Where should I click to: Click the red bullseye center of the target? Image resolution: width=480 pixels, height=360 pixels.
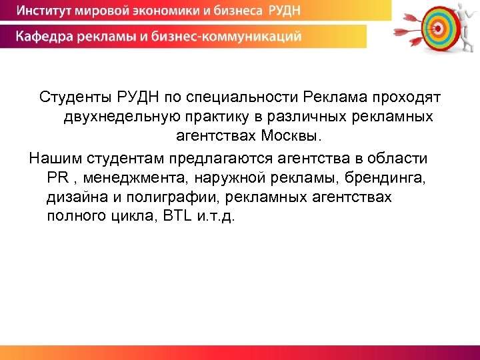point(437,27)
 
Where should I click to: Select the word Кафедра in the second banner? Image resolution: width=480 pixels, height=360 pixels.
point(45,36)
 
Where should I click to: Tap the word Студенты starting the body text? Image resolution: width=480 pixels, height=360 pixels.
point(71,98)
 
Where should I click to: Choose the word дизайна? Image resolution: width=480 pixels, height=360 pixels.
point(71,197)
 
